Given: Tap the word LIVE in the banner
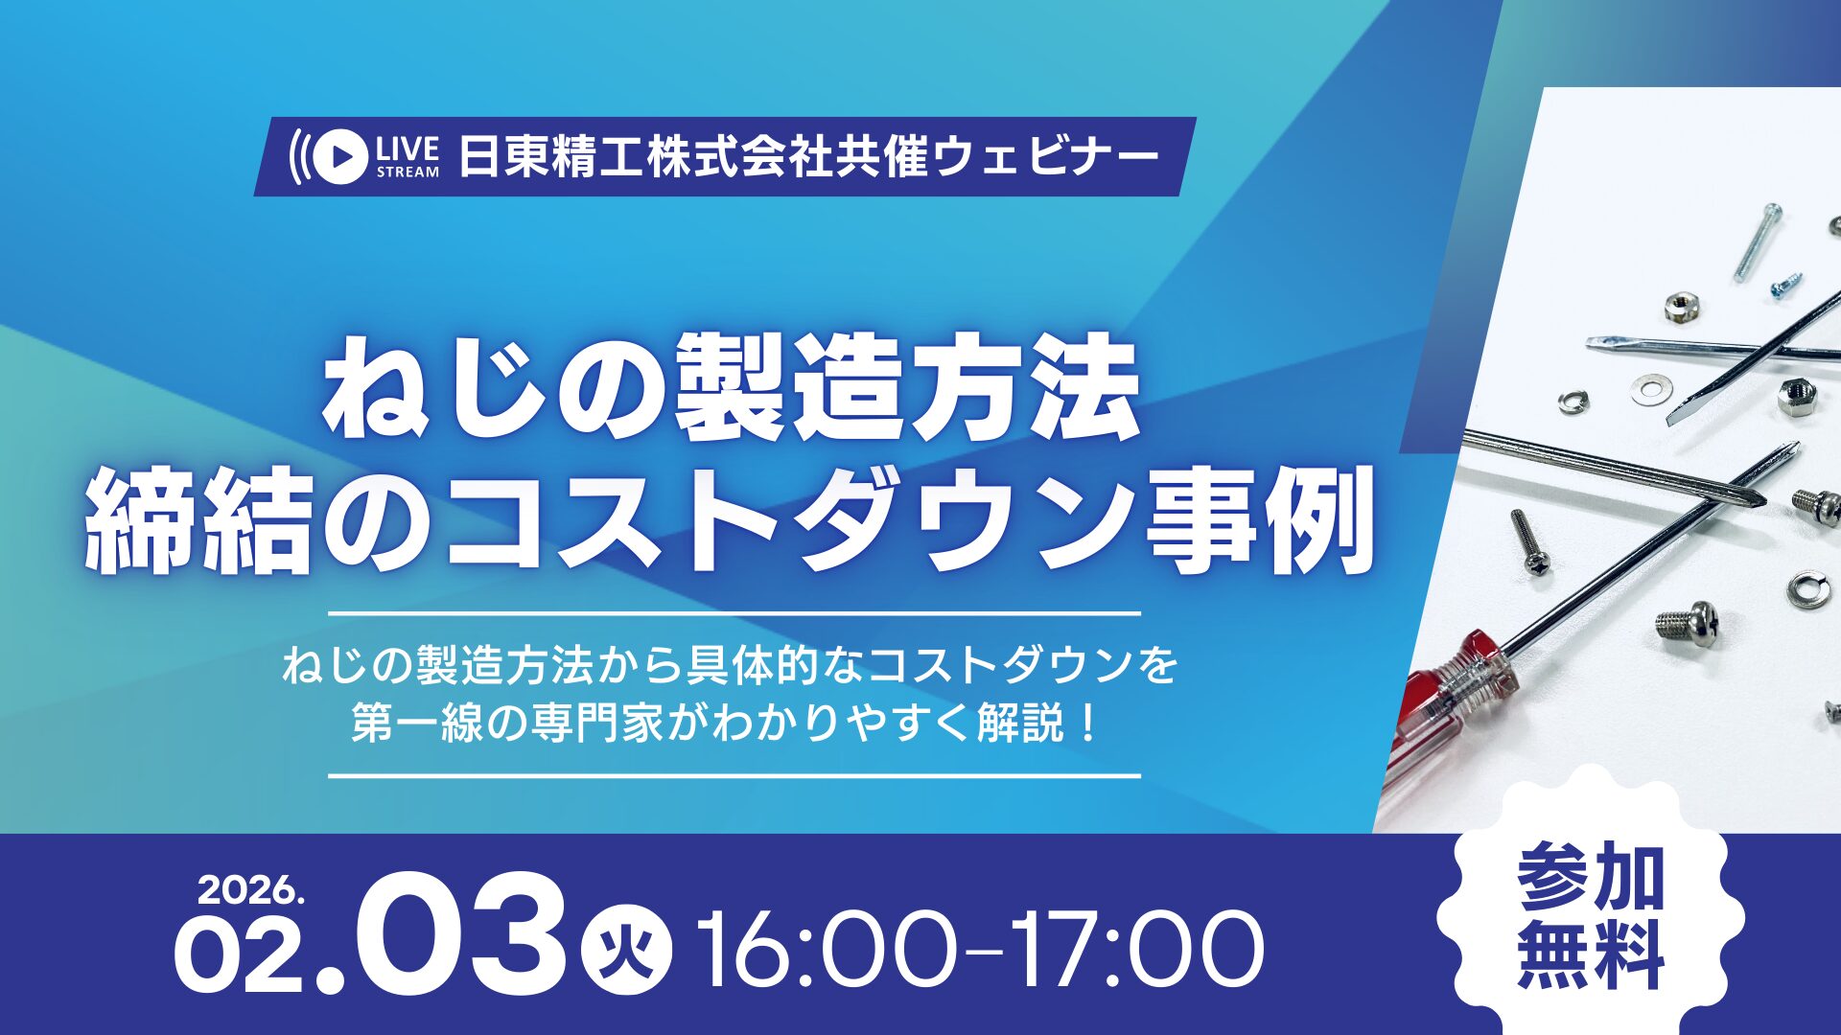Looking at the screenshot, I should coord(408,149).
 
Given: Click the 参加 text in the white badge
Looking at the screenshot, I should coord(1591,877).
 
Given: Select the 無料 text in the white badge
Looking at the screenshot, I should coord(1591,954).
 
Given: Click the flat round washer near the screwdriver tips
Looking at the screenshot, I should coord(1649,388).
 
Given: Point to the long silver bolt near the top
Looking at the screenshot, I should coord(1759,242).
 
